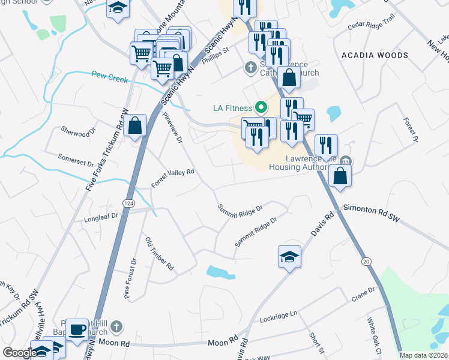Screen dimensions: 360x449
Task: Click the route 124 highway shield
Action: coord(128,203)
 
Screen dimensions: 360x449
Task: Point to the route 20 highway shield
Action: coord(366,261)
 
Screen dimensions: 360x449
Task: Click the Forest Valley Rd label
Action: coord(173,178)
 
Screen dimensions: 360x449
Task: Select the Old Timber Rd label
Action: coord(159,253)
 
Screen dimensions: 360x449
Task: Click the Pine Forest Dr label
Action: coord(130,278)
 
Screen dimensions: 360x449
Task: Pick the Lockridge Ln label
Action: coord(279,316)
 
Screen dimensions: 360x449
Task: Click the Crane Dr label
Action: coord(363,293)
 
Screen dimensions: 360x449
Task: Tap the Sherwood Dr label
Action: coord(79,131)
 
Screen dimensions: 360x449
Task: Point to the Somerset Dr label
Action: coord(76,159)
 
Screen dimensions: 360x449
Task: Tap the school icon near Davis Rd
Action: coord(289,257)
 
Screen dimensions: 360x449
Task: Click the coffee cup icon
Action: coord(77,329)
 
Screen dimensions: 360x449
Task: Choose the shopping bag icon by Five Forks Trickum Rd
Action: coord(136,126)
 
